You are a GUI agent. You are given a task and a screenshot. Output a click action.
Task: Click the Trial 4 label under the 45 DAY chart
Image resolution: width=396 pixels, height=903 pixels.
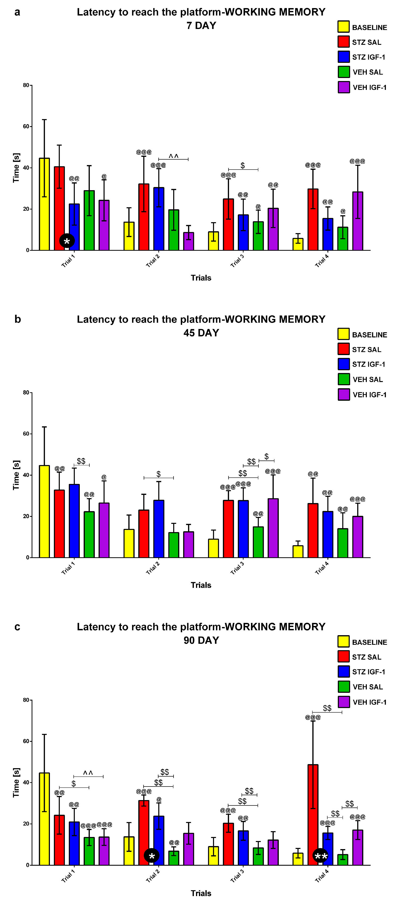pos(322,568)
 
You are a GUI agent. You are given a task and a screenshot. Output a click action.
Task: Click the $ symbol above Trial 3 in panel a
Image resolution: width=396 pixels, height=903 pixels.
pos(243,165)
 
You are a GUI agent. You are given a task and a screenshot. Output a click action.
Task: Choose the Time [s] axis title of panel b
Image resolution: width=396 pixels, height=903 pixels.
pos(16,475)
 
